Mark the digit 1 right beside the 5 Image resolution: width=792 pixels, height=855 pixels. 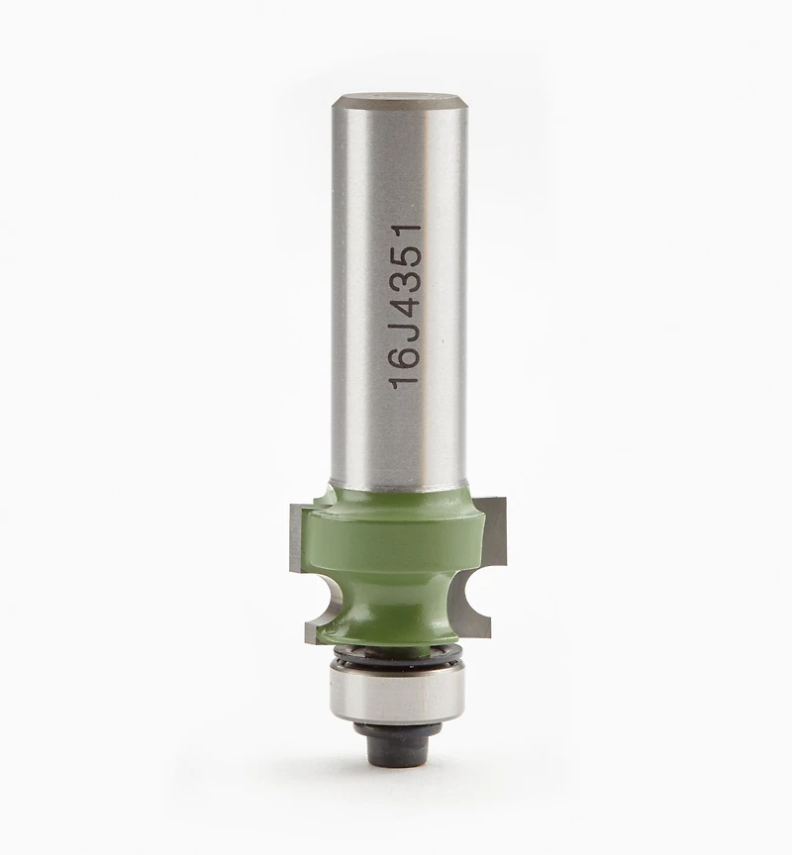click(406, 231)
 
